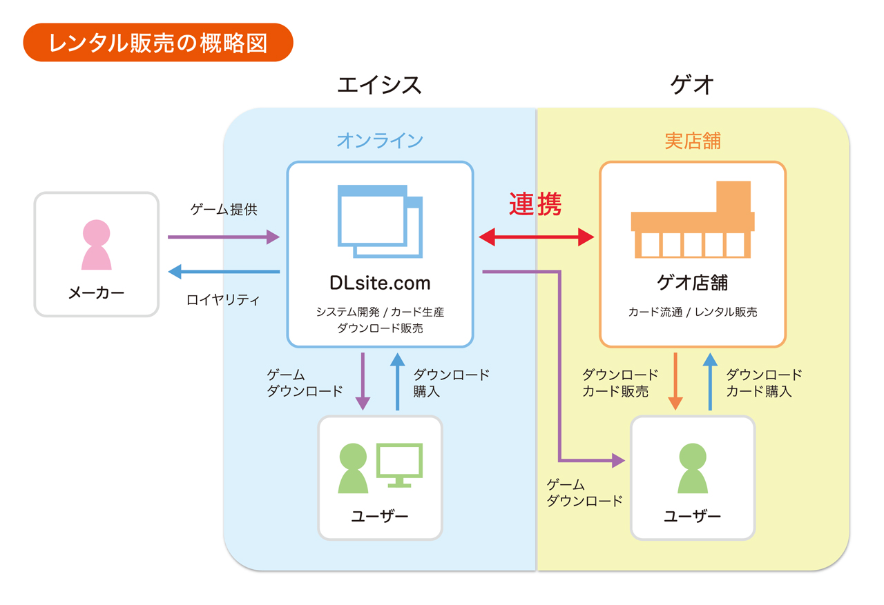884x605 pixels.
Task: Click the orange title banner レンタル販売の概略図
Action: [158, 43]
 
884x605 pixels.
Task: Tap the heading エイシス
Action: [379, 85]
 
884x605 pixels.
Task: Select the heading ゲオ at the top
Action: [692, 85]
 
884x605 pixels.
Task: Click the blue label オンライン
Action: [380, 141]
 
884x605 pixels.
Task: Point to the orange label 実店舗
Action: [693, 141]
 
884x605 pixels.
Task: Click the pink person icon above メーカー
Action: [96, 245]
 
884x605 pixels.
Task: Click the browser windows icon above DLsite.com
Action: [380, 221]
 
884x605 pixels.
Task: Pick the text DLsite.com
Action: [380, 283]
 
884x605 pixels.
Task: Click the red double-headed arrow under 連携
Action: [537, 237]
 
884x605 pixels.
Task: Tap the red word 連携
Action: [535, 204]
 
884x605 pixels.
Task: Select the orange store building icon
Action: [693, 220]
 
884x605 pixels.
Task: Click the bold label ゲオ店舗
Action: [693, 283]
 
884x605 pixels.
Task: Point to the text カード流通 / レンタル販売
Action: [693, 313]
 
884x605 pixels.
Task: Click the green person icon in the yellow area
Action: [693, 468]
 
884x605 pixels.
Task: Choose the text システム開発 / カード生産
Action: [380, 313]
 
